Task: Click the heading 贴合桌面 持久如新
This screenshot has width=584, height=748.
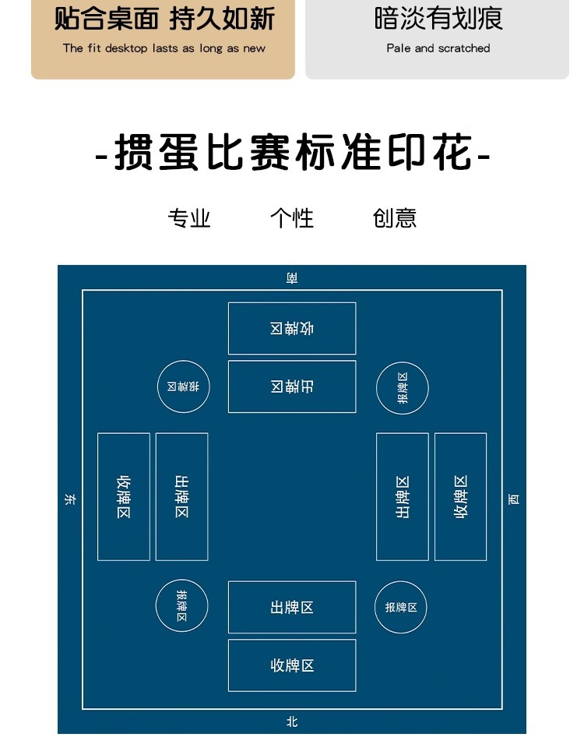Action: [164, 19]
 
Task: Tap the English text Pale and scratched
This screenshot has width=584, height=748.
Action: [438, 48]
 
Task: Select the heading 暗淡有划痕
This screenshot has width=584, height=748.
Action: [438, 19]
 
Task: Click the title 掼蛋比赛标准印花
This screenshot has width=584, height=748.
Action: [292, 153]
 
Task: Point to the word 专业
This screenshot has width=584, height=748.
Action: [189, 218]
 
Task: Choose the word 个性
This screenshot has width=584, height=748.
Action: [292, 218]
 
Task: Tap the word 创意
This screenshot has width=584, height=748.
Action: [395, 218]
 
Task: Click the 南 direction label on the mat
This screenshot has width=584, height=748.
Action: [292, 277]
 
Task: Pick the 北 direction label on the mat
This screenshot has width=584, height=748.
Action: [292, 722]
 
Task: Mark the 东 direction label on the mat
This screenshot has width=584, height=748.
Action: [70, 499]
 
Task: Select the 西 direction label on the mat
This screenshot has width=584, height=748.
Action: [514, 499]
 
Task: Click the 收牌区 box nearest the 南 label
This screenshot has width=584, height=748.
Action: [292, 328]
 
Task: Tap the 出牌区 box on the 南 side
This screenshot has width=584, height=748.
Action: [292, 386]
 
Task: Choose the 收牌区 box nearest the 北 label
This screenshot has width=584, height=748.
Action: [292, 665]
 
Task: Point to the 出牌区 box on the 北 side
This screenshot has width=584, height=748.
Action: [292, 607]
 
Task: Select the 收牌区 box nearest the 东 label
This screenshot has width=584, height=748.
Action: [124, 496]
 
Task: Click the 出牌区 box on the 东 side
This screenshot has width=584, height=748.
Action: [181, 496]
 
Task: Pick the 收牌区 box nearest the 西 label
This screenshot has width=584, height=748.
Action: [460, 496]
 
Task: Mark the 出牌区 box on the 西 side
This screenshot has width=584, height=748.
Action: [403, 496]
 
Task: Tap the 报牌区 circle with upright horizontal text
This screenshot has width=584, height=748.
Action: [401, 607]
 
